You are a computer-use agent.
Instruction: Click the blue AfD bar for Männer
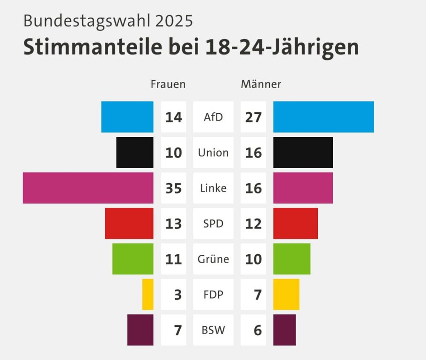(323, 117)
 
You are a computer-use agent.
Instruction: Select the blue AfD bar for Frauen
(127, 117)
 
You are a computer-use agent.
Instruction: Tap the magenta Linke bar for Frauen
(88, 188)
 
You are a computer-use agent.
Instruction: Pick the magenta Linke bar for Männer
(303, 188)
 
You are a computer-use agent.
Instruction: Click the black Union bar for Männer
(303, 153)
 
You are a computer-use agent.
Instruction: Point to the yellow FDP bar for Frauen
(148, 294)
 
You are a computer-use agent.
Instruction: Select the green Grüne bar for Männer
(292, 259)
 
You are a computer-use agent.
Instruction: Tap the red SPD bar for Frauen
(129, 223)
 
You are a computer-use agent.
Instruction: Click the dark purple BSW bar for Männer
(285, 330)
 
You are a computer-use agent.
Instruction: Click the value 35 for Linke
(174, 188)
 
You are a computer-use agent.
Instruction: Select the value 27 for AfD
(253, 117)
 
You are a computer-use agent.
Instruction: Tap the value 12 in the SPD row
(253, 224)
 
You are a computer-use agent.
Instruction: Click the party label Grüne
(213, 259)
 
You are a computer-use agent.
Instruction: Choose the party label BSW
(213, 330)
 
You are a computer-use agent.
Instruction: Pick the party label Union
(213, 153)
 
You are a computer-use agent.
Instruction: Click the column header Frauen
(168, 84)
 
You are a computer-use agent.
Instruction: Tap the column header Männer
(261, 84)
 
